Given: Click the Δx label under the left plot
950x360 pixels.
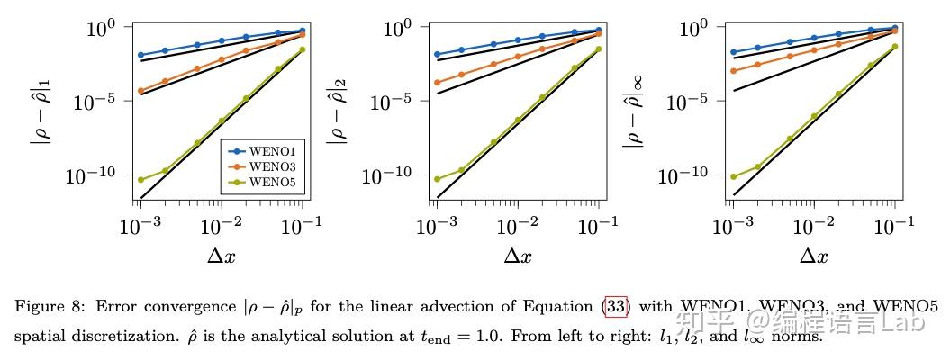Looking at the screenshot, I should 221,256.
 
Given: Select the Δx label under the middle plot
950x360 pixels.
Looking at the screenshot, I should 517,256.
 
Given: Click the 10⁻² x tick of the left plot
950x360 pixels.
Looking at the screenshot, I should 221,225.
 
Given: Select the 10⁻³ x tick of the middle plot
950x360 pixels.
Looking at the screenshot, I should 436,225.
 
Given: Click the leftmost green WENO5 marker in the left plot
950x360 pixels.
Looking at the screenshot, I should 141,179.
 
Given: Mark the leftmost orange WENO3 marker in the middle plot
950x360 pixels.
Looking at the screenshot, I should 438,83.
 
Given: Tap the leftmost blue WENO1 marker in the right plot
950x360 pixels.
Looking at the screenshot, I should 734,52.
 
